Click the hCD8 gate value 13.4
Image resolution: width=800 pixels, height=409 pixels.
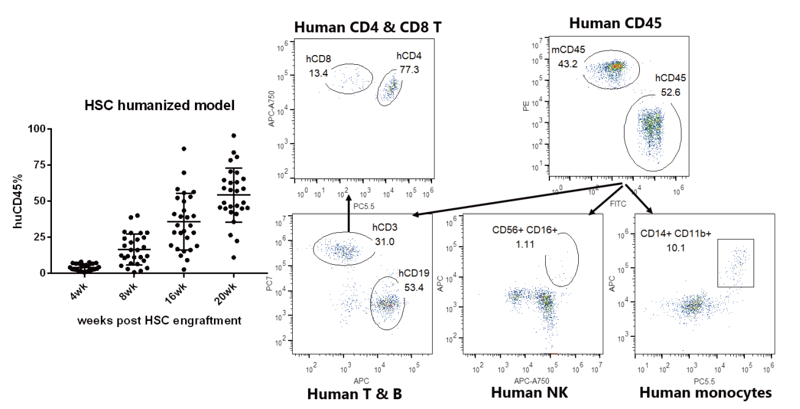click(318, 74)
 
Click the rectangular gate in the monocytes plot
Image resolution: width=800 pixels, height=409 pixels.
click(736, 263)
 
